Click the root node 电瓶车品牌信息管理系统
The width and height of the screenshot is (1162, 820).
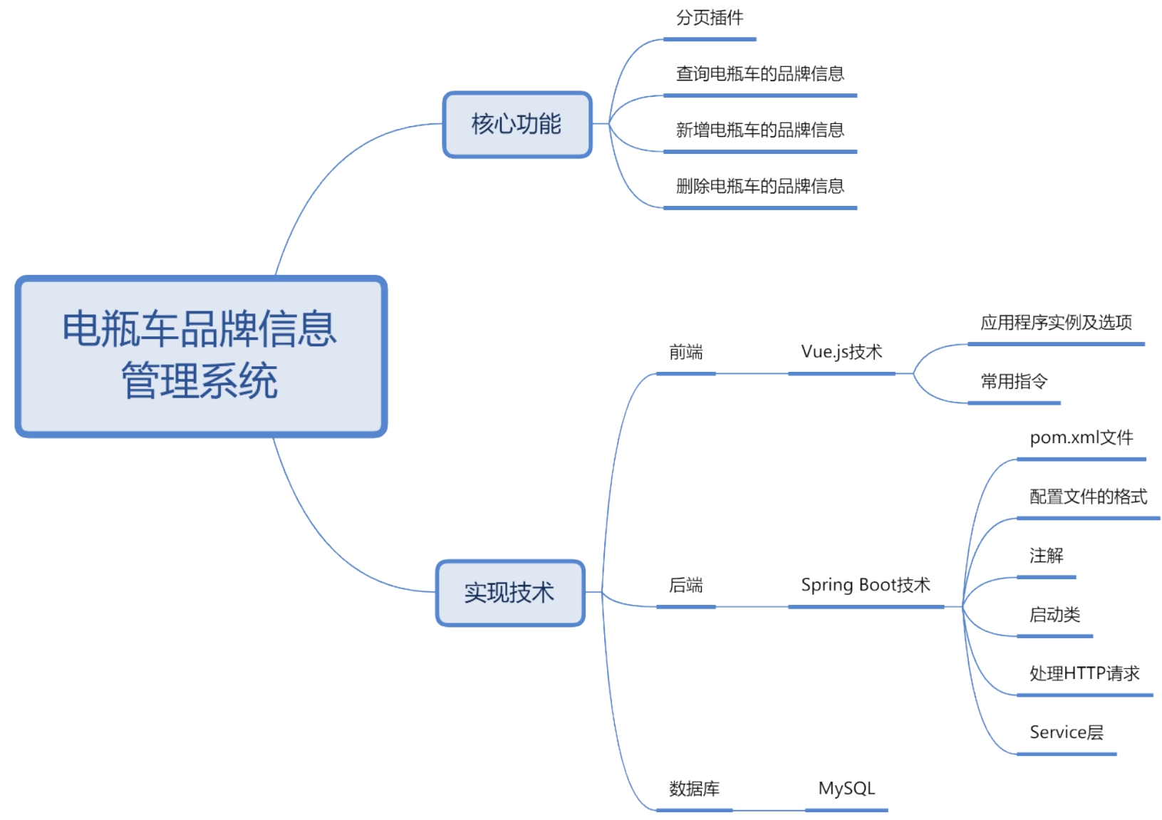[200, 355]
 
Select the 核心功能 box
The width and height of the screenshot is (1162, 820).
[517, 124]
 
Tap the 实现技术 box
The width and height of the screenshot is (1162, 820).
[509, 593]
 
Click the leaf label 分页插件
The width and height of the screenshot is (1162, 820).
[709, 18]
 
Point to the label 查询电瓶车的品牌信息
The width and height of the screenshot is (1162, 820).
[759, 73]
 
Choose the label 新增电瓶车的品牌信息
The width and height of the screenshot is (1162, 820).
[759, 130]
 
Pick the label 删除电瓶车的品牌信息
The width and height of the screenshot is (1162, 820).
[759, 186]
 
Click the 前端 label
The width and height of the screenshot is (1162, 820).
[685, 352]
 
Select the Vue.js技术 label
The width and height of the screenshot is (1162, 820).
[841, 352]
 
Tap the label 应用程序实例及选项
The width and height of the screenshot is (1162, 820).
[1056, 323]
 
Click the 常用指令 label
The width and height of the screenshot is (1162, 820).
[1014, 382]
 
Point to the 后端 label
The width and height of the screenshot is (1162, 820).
[685, 586]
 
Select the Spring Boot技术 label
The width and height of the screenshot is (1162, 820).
[866, 586]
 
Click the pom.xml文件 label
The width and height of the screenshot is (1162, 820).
[1081, 437]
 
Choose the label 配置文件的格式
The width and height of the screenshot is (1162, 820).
[1088, 497]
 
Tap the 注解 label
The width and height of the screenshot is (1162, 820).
[1046, 556]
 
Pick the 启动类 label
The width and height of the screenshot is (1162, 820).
[1054, 615]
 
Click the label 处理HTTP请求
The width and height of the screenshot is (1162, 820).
[1084, 673]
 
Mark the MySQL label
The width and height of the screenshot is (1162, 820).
[846, 789]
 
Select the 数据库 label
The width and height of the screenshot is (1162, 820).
[694, 789]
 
